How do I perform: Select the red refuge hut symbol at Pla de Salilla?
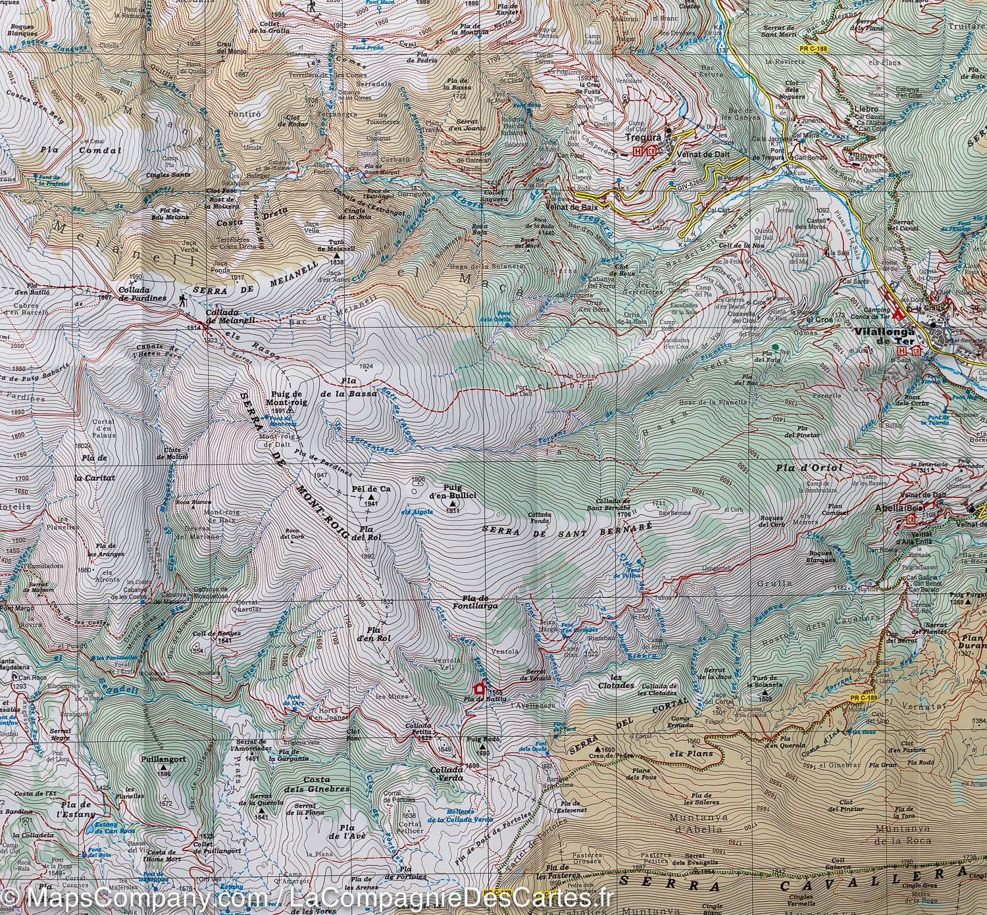click(x=480, y=688)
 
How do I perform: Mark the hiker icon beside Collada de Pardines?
click(x=180, y=301)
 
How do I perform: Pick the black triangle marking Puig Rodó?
click(x=484, y=746)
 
